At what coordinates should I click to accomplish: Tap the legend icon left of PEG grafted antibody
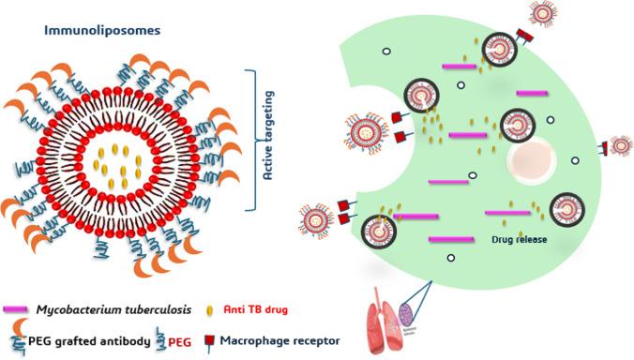17,339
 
